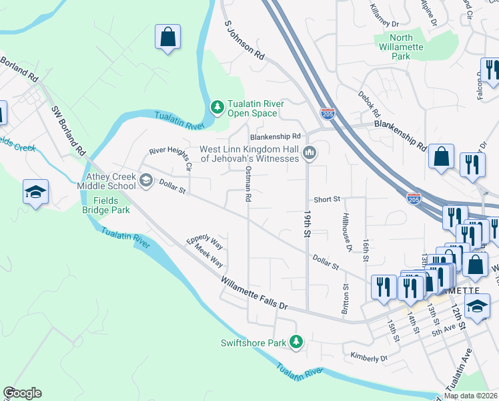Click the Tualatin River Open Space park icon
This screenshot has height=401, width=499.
click(217, 107)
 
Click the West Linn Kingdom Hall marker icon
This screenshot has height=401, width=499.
click(309, 154)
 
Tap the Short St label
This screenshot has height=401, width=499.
click(327, 199)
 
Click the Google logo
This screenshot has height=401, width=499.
click(22, 393)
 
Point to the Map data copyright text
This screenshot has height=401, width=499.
click(471, 396)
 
